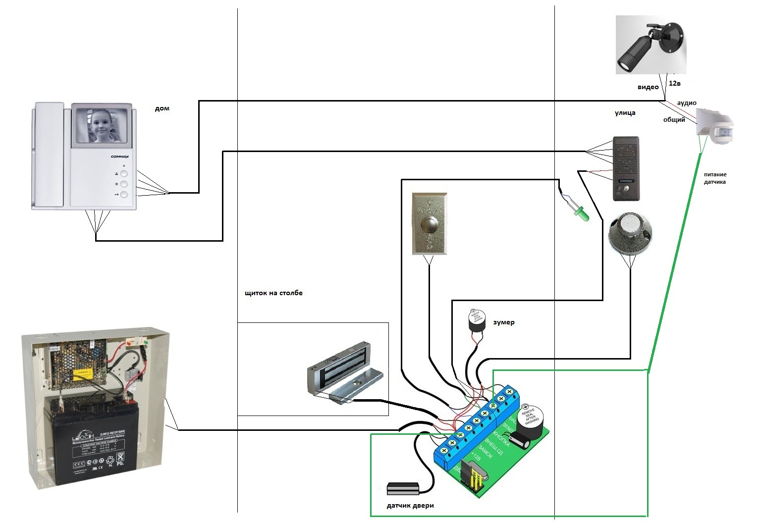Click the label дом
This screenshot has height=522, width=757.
pyautogui.click(x=162, y=108)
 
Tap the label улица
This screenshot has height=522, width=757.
pyautogui.click(x=625, y=113)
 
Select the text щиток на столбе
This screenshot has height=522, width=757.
pyautogui.click(x=273, y=293)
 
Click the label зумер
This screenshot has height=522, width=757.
pyautogui.click(x=504, y=322)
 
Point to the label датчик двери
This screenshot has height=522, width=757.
pyautogui.click(x=410, y=506)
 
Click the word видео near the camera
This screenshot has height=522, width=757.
pyautogui.click(x=648, y=87)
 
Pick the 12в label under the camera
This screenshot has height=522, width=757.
pyautogui.click(x=675, y=83)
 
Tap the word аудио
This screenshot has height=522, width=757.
pyautogui.click(x=687, y=103)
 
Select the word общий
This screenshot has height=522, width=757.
pyautogui.click(x=674, y=120)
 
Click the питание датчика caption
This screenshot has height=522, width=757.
pyautogui.click(x=715, y=178)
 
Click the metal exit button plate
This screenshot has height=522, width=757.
pyautogui.click(x=430, y=224)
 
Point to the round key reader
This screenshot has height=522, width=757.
pyautogui.click(x=630, y=233)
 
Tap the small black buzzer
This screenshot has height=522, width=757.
pyautogui.click(x=476, y=322)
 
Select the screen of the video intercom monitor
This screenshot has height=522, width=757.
pyautogui.click(x=102, y=125)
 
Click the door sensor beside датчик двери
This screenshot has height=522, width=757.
pyautogui.click(x=403, y=488)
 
